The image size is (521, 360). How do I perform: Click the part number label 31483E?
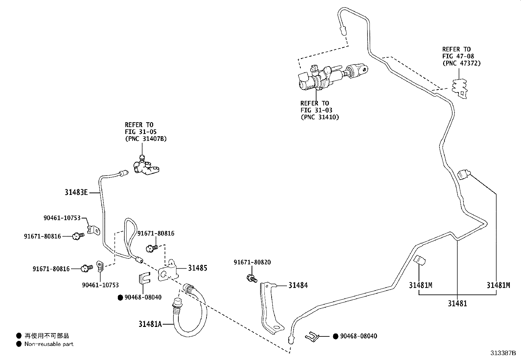[x=76, y=193]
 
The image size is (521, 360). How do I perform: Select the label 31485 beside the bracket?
[x=197, y=268]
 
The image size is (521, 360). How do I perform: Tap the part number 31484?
[x=298, y=285]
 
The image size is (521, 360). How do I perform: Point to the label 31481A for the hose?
[x=150, y=324]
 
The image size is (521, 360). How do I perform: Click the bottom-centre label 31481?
[x=457, y=304]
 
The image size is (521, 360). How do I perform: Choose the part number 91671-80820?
[x=252, y=262]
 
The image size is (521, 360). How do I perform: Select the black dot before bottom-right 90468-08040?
[x=335, y=336]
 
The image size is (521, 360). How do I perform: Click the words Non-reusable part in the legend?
[x=49, y=344]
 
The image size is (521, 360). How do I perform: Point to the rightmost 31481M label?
[x=498, y=285]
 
